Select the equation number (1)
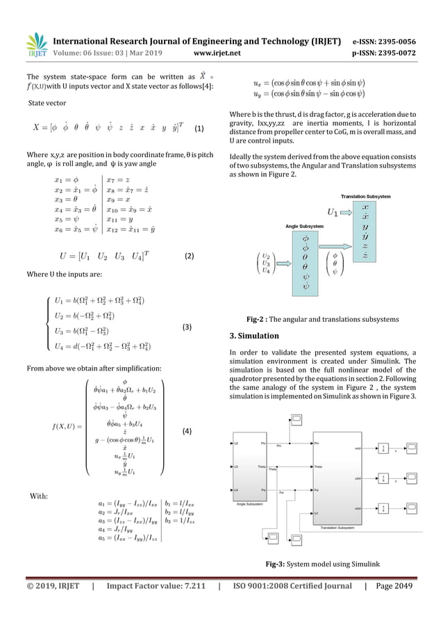point(199,129)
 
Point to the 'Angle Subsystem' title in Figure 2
point(306,226)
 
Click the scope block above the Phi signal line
point(294,420)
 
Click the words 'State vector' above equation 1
point(47,103)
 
